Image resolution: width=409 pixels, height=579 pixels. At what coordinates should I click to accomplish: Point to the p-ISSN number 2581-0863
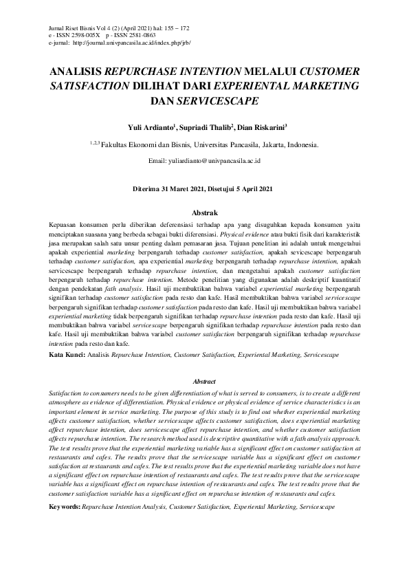(140, 34)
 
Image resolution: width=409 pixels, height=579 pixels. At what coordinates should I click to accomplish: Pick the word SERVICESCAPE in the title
(218, 100)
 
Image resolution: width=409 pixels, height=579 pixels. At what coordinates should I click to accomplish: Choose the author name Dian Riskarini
(261, 127)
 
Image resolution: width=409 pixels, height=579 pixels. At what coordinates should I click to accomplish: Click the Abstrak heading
(203, 215)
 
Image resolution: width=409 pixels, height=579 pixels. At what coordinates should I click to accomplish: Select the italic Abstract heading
(204, 382)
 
